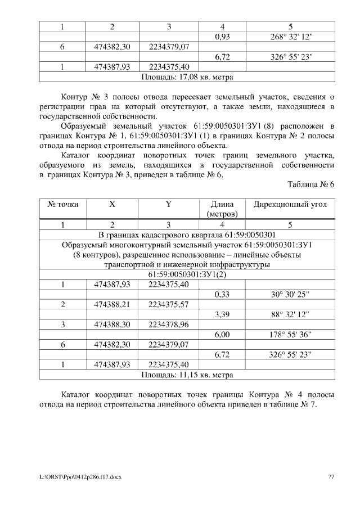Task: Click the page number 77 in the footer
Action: pyautogui.click(x=331, y=477)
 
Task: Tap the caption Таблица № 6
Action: pyautogui.click(x=310, y=184)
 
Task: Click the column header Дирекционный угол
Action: pyautogui.click(x=290, y=205)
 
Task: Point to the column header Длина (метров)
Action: pyautogui.click(x=222, y=209)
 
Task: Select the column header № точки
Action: pyautogui.click(x=63, y=205)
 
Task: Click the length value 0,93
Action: pyautogui.click(x=223, y=37)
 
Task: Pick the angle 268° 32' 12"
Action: pyautogui.click(x=290, y=37)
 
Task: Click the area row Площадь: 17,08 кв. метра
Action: pyautogui.click(x=187, y=76)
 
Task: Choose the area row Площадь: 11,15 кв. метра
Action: pyautogui.click(x=187, y=374)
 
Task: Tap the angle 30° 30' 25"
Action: pyautogui.click(x=290, y=294)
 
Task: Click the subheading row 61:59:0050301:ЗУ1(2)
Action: pyautogui.click(x=187, y=274)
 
